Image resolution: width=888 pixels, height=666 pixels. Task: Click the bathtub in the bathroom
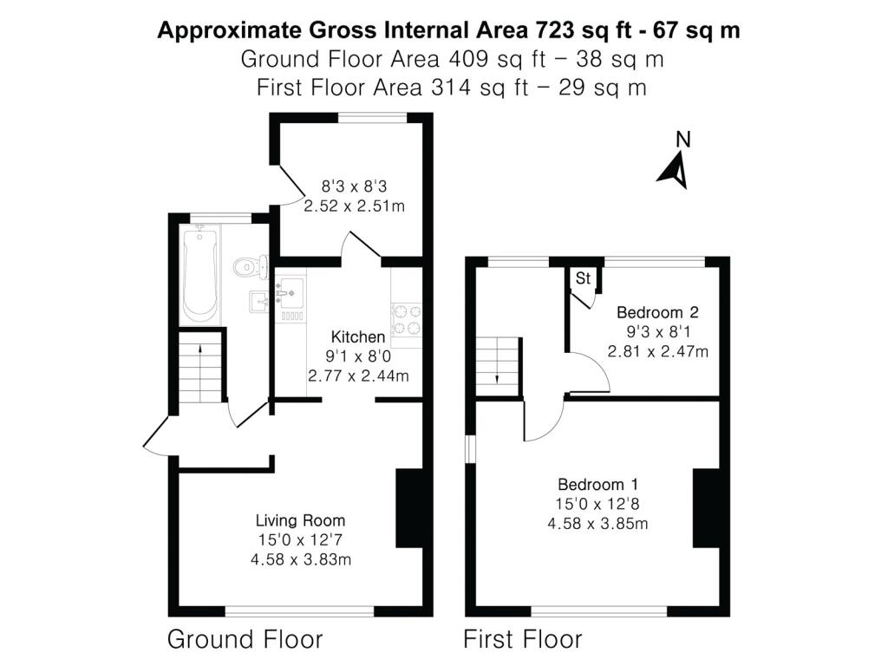[199, 272]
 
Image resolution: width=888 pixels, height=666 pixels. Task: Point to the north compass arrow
[675, 170]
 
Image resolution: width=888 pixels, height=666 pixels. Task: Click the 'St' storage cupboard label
[583, 278]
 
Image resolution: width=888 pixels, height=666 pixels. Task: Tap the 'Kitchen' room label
[358, 337]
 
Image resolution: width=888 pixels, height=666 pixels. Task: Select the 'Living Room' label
[300, 520]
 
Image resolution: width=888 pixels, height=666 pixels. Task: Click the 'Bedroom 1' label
[597, 484]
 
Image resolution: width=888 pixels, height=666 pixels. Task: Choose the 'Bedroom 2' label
[657, 312]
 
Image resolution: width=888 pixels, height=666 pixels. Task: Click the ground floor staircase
[201, 368]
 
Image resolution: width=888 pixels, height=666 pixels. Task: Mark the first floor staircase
[497, 367]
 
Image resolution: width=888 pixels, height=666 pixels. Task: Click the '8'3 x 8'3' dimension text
[354, 186]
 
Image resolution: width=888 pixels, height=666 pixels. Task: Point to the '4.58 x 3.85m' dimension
[597, 523]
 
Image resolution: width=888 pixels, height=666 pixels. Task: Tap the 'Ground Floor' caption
[245, 639]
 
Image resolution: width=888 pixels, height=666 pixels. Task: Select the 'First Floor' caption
[523, 639]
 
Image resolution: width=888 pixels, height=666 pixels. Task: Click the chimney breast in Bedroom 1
[706, 508]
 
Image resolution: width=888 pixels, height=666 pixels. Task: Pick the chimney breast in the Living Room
[409, 508]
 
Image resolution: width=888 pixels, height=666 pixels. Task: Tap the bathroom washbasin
[258, 301]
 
